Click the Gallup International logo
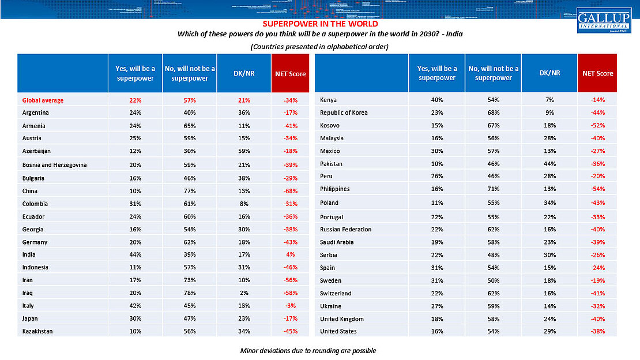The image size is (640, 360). click(x=604, y=20)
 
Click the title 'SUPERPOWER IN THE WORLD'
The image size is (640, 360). click(x=320, y=24)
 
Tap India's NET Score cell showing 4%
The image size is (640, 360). click(x=291, y=254)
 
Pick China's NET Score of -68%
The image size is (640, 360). click(x=291, y=190)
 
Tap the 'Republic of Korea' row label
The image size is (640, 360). click(x=343, y=112)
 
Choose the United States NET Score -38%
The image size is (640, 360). click(x=597, y=332)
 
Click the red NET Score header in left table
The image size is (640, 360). click(x=291, y=73)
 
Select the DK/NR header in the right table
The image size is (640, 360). click(x=549, y=73)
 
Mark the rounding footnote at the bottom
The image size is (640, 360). click(x=308, y=351)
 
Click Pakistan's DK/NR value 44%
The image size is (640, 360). click(x=549, y=164)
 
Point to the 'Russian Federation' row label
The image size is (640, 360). click(x=345, y=229)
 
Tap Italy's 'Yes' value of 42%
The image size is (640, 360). click(x=135, y=306)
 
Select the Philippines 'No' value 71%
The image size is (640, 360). click(x=493, y=189)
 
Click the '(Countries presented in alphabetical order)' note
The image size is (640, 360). click(x=319, y=46)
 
